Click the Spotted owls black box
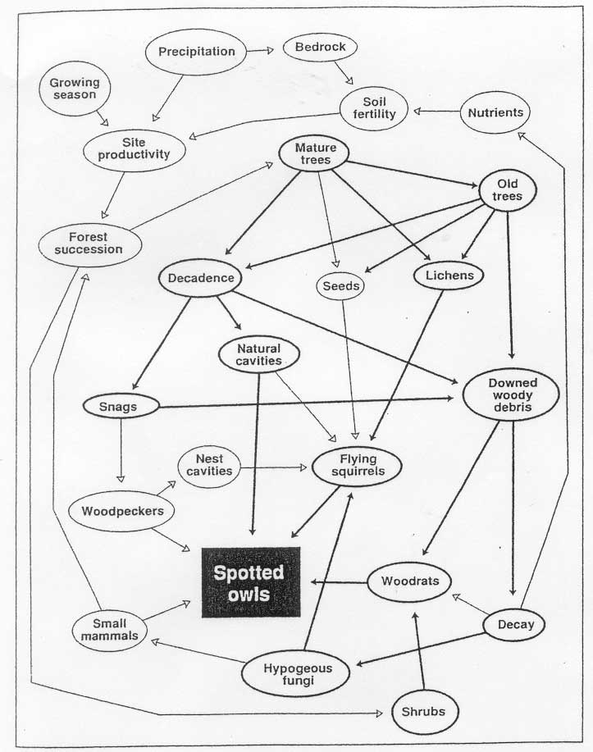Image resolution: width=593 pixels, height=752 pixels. (251, 582)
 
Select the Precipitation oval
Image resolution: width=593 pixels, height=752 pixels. (196, 52)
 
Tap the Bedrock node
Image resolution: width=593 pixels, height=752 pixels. (320, 47)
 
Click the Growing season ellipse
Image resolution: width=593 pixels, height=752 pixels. (75, 89)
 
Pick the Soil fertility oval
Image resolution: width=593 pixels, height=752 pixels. (374, 108)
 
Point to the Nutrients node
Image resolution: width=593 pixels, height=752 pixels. (495, 112)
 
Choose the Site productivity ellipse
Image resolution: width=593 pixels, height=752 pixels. (134, 149)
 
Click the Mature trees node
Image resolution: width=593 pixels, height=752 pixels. (314, 153)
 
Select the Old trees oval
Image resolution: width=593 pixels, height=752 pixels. (507, 190)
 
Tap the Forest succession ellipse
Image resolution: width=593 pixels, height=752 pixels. (89, 244)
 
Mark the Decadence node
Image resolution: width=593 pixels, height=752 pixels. (201, 278)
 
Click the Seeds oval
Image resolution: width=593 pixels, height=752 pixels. (340, 286)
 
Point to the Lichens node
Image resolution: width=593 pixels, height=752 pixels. (449, 276)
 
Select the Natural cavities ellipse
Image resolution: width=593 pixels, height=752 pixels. (259, 355)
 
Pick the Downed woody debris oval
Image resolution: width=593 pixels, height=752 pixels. (511, 394)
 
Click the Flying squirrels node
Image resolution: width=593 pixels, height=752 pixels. (357, 466)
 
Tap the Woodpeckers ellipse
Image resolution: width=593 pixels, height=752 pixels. (121, 511)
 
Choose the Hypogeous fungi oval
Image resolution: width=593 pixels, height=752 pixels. (295, 674)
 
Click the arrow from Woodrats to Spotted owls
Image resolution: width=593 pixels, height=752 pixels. (340, 582)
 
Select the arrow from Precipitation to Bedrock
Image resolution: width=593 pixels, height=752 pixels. (260, 50)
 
